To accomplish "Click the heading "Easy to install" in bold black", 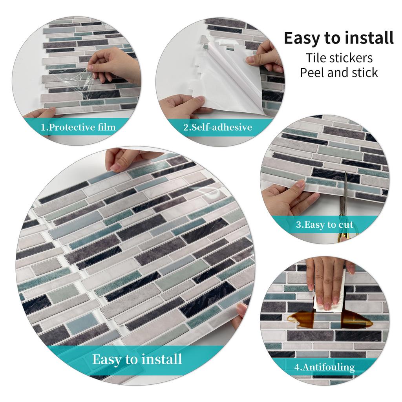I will coord(338,38).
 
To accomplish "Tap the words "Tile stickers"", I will coord(339,58).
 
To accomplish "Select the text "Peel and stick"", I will coord(339,73).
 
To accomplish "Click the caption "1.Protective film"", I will coord(79,127).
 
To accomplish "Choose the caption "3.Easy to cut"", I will coord(324,225).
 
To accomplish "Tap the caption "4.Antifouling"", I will coord(324,367).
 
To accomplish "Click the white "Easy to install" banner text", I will coord(137,359).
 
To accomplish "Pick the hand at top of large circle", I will coord(124,159).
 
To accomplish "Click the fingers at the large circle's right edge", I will coord(240,314).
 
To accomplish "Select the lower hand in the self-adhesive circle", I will coord(183,106).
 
